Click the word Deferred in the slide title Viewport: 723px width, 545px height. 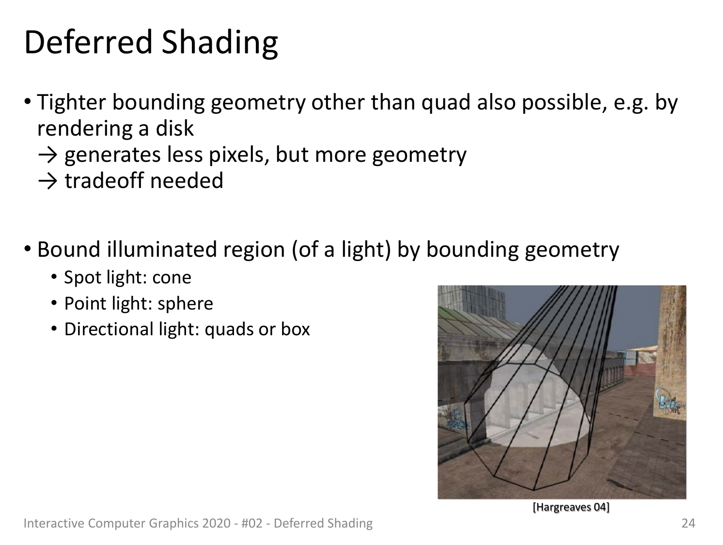pos(88,42)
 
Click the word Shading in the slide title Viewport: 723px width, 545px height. pos(220,44)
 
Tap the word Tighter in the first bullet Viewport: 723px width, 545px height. pos(72,102)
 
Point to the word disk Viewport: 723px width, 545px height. pos(174,128)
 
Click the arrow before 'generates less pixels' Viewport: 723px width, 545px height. pos(48,156)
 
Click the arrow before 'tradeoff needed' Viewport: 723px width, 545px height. pos(48,182)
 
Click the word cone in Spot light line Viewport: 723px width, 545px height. pos(172,278)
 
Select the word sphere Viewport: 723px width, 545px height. pos(186,304)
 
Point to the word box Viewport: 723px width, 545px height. pos(296,329)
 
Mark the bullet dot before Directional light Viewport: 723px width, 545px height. pos(54,328)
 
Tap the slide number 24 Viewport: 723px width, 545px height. pos(689,523)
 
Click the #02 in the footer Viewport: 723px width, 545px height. pos(252,523)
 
